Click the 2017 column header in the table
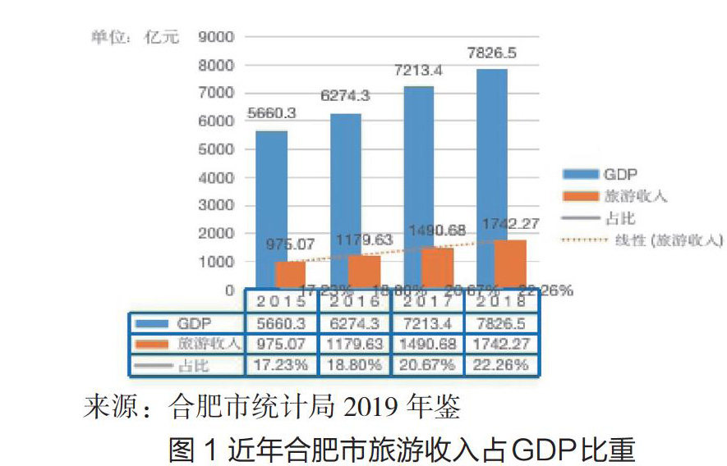tap(428, 301)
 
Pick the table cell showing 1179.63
tap(356, 344)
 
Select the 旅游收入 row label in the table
tap(208, 344)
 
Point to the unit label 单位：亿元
tap(134, 38)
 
